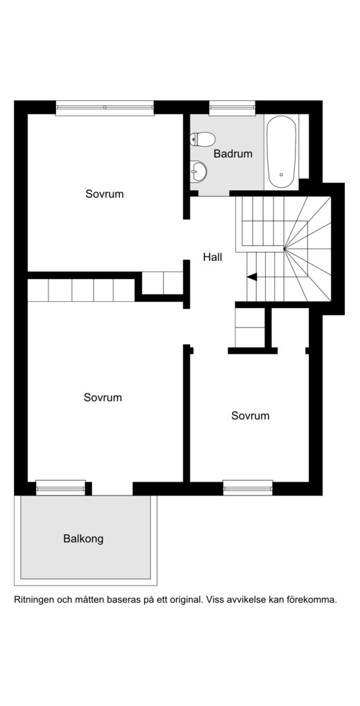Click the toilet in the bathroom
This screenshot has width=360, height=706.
point(202,139)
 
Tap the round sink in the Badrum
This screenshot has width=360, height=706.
point(199,171)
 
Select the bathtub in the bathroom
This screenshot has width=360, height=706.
point(282,152)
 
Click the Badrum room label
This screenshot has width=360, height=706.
point(233,154)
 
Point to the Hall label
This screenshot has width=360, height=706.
point(213,257)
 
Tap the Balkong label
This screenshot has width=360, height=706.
point(83,538)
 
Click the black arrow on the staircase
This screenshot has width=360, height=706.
point(252,278)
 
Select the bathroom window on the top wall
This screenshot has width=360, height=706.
point(233,107)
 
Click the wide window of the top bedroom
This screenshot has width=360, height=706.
point(105,107)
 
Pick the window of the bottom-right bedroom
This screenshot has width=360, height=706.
point(248,488)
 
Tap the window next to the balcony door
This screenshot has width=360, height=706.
point(60,488)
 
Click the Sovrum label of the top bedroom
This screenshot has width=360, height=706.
point(105,194)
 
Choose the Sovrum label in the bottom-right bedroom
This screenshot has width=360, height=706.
point(251,415)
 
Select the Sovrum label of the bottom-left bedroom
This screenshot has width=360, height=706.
point(102,397)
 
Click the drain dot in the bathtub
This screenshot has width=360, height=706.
point(281,174)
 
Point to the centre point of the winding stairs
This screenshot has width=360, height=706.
point(285,248)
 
